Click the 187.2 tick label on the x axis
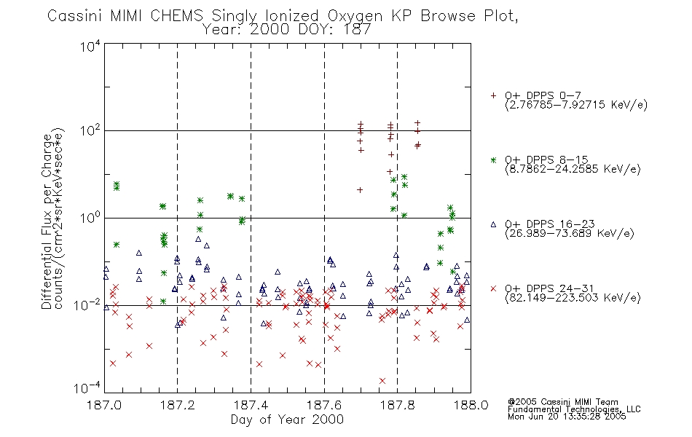click(178, 405)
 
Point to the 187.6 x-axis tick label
click(324, 405)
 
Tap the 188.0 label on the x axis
click(471, 405)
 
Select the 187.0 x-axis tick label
click(104, 405)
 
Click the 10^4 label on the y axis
click(90, 46)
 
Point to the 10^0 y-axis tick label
click(90, 218)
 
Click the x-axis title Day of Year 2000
click(287, 420)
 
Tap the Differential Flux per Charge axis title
click(47, 221)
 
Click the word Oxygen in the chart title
click(355, 16)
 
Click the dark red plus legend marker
click(493, 95)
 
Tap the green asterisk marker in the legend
click(493, 160)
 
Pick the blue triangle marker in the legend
click(493, 224)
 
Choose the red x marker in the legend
click(493, 288)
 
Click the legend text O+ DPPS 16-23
click(550, 224)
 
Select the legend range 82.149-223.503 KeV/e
click(573, 298)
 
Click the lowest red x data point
click(382, 381)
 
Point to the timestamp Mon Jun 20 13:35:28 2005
click(567, 417)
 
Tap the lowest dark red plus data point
click(360, 190)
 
